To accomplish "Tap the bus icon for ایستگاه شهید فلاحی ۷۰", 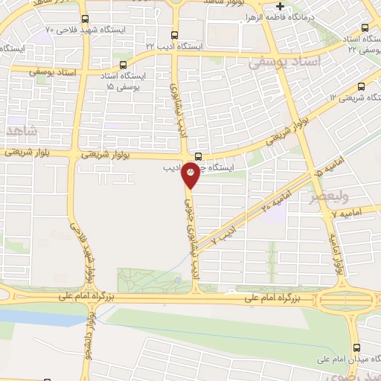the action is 84,19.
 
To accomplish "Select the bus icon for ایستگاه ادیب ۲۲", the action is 175,34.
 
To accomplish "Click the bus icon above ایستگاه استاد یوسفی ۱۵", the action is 124,65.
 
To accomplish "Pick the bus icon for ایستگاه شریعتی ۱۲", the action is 362,86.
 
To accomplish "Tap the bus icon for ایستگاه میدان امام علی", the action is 357,348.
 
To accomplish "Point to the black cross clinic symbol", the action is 279,6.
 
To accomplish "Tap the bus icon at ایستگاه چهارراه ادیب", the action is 198,156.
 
